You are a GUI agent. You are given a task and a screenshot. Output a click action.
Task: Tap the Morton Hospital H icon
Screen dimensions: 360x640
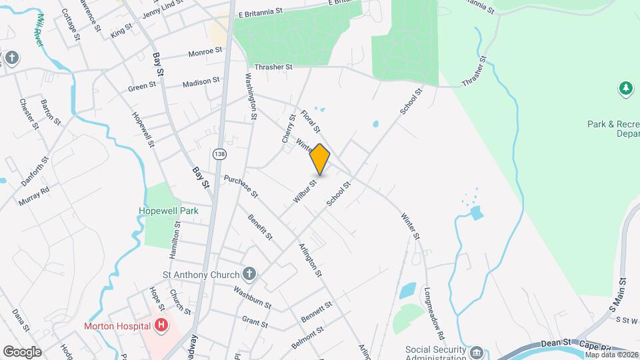[x=161, y=325]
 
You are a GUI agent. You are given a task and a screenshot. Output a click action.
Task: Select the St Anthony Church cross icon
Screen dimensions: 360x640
[x=249, y=273]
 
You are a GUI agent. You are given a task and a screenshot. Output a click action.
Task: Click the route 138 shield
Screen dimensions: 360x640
[x=219, y=154]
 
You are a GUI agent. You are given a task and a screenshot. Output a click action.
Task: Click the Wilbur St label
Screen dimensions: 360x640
[x=304, y=191]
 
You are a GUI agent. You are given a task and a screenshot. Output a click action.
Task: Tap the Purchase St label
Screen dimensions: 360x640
[x=241, y=186]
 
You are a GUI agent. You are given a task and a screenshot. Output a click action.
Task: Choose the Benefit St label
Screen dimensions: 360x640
[x=260, y=227]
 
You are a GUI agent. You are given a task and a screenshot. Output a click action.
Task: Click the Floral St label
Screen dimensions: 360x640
[x=311, y=120]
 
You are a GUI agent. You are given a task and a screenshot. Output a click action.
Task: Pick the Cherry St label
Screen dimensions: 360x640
[x=289, y=128]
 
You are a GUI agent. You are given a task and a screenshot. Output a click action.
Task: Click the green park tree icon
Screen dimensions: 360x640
[x=625, y=88]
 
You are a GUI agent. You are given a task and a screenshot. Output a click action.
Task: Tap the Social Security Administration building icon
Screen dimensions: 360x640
[x=476, y=351]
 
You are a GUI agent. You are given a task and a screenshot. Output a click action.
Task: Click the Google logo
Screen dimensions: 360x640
[x=22, y=351]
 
